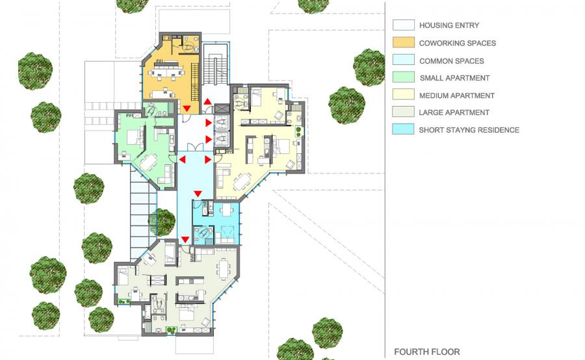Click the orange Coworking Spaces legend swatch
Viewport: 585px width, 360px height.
[403, 42]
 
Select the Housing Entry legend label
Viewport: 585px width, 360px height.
[448, 25]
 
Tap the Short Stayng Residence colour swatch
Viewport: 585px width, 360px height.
[403, 129]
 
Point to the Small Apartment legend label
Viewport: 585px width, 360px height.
[454, 78]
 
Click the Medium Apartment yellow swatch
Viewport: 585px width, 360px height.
[403, 94]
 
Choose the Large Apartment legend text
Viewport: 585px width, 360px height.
[454, 112]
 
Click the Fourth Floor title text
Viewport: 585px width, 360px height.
[427, 352]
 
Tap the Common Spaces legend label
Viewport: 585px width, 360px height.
[452, 61]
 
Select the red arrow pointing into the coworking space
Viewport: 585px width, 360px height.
[187, 109]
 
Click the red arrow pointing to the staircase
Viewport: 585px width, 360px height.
[207, 101]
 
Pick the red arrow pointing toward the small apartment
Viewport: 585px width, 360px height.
[182, 160]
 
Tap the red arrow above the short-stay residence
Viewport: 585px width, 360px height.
[198, 194]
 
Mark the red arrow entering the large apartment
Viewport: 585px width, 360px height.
[185, 239]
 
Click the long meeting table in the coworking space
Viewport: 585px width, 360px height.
[168, 69]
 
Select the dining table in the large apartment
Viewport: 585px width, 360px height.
[224, 269]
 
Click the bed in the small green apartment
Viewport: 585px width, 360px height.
[133, 137]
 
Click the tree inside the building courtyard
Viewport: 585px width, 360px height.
[162, 222]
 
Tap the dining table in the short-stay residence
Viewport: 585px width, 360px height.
[226, 210]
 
